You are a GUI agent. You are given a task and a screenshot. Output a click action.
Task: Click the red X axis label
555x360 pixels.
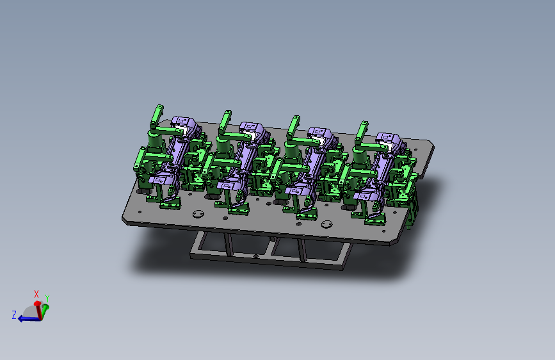[36, 294]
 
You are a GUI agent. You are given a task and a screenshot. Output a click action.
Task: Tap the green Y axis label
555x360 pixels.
[47, 299]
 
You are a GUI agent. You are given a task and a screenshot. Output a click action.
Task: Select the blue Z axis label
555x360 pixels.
[14, 315]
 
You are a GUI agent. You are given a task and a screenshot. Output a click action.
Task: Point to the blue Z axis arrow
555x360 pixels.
[29, 319]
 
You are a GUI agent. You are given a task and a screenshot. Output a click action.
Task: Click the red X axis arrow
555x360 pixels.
[38, 311]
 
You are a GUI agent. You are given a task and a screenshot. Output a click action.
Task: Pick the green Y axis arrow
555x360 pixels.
[45, 311]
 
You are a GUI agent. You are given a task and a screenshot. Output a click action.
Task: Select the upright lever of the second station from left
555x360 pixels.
[225, 122]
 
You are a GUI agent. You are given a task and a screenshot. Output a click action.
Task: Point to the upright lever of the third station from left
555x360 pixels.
[293, 127]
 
